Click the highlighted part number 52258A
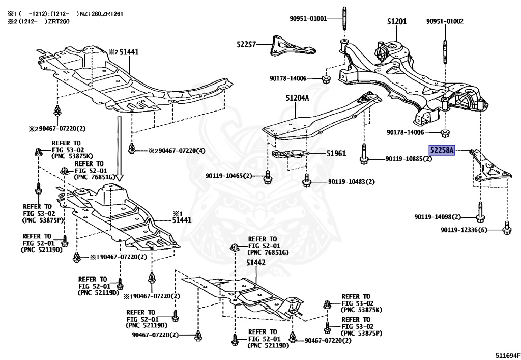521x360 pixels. pos(441,151)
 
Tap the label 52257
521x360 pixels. pos(246,44)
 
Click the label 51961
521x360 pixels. pos(336,153)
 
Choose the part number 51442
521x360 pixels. pos(256,263)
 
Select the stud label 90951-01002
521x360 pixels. pos(445,21)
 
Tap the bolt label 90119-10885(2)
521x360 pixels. pos(409,159)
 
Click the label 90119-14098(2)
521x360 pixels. pos(438,217)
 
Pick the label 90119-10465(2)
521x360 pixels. pos(229,176)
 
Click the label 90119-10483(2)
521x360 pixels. pos(351,182)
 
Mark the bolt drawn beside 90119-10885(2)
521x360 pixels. pos(364,156)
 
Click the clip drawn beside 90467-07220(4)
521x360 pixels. pos(132,149)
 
